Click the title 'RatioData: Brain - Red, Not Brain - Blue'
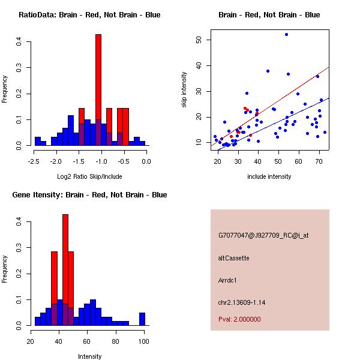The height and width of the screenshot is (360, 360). click(89, 15)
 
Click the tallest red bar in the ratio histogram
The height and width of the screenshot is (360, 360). click(98, 90)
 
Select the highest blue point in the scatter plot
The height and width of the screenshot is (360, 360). click(286, 34)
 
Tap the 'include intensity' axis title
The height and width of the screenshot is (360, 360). click(269, 176)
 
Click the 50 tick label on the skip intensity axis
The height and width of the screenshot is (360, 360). click(199, 40)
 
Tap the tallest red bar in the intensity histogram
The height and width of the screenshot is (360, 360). click(65, 270)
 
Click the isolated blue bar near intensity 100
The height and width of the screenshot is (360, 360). click(142, 319)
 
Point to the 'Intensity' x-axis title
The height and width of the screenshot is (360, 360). click(90, 356)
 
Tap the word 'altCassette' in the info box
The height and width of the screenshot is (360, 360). click(233, 258)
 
